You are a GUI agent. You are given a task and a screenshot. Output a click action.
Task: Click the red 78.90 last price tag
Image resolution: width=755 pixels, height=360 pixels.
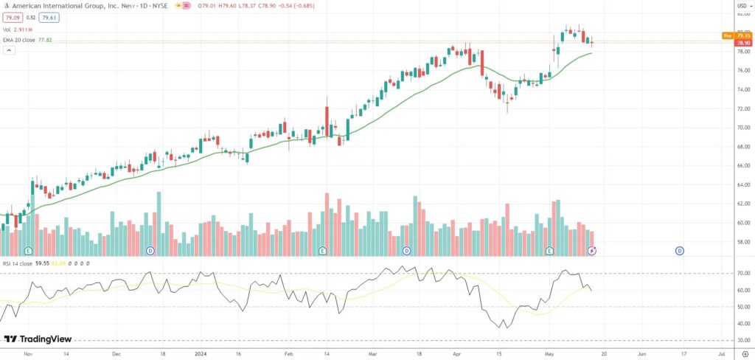pos(743,43)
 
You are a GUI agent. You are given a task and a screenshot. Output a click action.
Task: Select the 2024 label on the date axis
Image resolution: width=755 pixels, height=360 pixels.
pos(201,353)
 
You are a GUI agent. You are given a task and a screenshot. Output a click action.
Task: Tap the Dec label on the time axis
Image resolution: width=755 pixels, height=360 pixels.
pos(116,353)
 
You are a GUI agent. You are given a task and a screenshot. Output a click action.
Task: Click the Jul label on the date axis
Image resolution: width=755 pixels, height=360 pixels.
pos(723,353)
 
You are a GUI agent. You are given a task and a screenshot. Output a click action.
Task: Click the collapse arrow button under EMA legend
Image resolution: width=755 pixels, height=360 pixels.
pos(10,50)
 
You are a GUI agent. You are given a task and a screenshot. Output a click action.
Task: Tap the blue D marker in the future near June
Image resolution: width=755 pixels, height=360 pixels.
pos(679,251)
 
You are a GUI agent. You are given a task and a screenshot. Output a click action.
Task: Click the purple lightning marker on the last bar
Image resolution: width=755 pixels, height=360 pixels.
pos(591,251)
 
